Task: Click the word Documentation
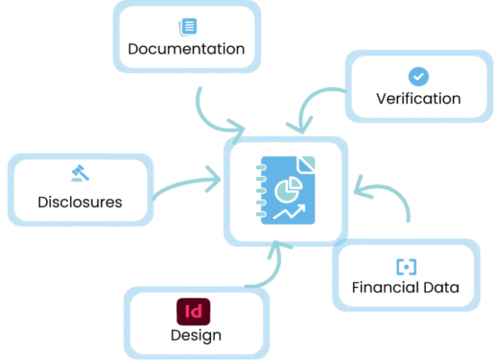[186, 49]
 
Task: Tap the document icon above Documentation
[187, 26]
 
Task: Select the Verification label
[418, 98]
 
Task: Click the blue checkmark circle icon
[418, 76]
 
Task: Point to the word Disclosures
[80, 202]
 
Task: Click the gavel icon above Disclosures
[80, 174]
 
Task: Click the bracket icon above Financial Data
[406, 266]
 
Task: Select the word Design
[196, 335]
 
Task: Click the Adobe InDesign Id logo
[193, 312]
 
